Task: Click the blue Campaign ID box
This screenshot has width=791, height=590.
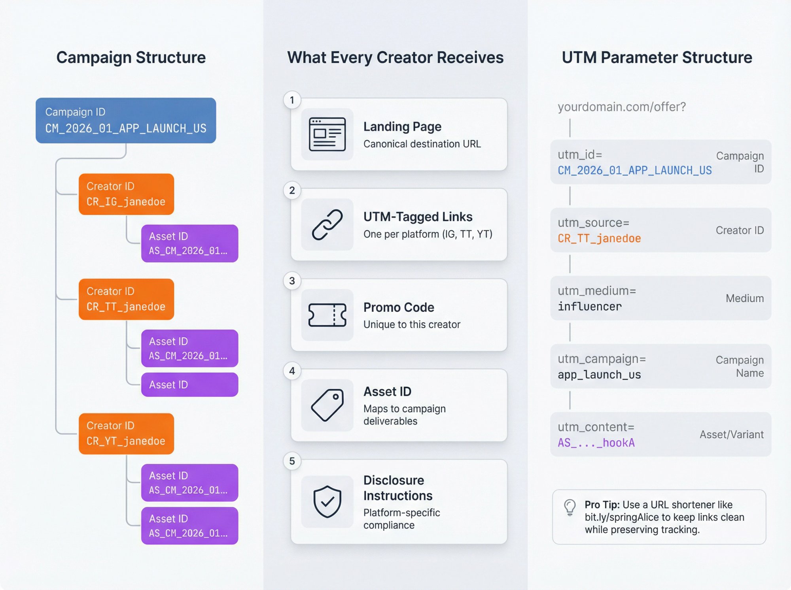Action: point(126,120)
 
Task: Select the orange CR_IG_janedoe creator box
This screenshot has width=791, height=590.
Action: point(126,194)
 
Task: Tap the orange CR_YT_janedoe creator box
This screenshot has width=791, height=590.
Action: point(126,434)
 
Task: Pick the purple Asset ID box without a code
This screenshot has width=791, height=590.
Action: point(189,385)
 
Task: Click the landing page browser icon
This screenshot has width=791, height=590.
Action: point(327,134)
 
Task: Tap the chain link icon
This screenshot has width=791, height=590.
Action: point(327,224)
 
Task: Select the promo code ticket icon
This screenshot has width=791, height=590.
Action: point(327,315)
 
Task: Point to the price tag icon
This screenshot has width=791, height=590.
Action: point(327,405)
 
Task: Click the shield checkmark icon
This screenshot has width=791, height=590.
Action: point(327,501)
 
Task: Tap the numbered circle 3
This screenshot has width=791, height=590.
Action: point(292,281)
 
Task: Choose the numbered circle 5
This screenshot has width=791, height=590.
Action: point(292,461)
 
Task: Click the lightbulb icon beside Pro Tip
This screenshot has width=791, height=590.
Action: point(570,507)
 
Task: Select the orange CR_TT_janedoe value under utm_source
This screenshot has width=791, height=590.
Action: point(599,238)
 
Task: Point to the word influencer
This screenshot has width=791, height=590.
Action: point(590,307)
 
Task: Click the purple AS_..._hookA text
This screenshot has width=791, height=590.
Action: point(596,443)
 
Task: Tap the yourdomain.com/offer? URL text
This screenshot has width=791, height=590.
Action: point(622,107)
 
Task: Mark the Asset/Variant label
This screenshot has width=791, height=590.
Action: point(731,435)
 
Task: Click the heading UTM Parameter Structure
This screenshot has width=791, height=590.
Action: point(657,58)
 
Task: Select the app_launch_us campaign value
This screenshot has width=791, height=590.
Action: point(599,375)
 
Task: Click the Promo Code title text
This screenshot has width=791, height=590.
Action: point(399,307)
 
